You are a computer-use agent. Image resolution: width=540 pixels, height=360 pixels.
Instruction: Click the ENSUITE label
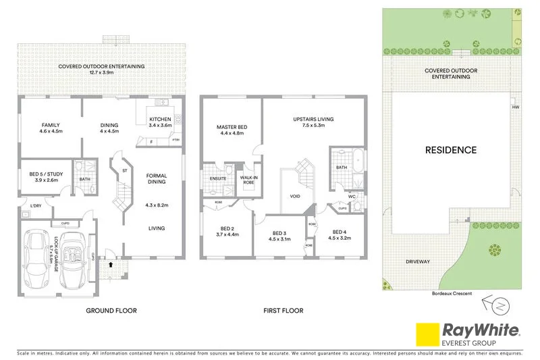(217, 178)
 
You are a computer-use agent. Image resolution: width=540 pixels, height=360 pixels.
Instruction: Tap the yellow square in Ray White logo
(426, 334)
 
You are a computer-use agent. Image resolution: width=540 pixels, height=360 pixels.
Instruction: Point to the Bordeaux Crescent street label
(448, 293)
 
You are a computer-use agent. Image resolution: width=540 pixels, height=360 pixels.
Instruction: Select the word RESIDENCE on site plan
(450, 150)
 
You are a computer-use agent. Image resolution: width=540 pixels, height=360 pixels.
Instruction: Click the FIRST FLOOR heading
(283, 311)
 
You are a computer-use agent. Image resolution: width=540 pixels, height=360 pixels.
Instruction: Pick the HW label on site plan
(516, 107)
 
